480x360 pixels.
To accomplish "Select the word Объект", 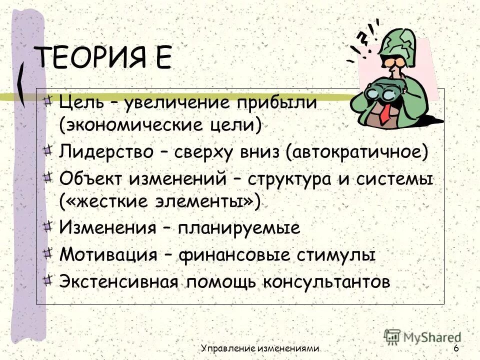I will tap(89, 178).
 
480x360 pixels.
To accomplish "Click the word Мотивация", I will tap(108, 255).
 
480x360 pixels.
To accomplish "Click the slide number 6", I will tap(456, 348).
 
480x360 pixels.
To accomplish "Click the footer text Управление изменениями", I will tap(260, 348).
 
